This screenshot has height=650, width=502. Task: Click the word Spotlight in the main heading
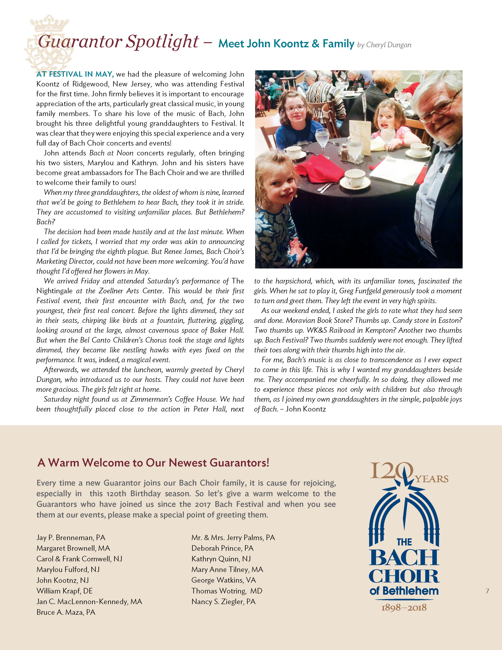(162, 42)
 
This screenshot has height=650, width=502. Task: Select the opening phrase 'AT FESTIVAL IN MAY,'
(75, 74)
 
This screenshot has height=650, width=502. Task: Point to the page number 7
(487, 591)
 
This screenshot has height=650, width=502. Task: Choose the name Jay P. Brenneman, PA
(71, 538)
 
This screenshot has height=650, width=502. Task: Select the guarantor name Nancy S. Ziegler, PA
(223, 602)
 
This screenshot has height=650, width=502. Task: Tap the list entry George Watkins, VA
(223, 580)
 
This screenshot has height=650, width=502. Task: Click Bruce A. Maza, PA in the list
(66, 612)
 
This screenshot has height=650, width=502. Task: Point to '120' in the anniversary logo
(391, 471)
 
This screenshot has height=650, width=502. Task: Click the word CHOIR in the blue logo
(404, 577)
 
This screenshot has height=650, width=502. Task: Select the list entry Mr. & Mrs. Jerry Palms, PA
(233, 538)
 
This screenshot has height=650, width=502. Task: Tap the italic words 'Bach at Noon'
(111, 153)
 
